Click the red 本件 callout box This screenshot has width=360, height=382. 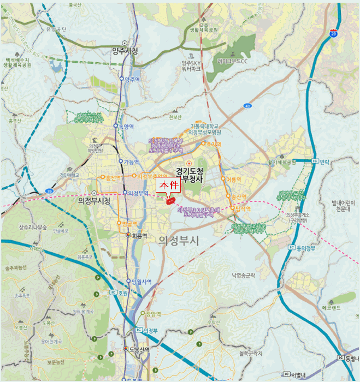point(169,186)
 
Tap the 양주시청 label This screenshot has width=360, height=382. point(125,51)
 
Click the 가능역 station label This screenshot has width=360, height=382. point(132,162)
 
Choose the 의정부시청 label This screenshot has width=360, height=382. point(94,201)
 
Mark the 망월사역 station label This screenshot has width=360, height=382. point(140,282)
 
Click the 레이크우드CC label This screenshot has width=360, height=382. point(237,61)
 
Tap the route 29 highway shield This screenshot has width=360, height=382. point(349,34)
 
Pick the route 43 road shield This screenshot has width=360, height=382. point(248,105)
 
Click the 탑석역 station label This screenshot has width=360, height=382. point(243,208)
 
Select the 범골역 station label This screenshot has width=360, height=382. point(128,224)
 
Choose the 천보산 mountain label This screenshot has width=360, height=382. point(175,117)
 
